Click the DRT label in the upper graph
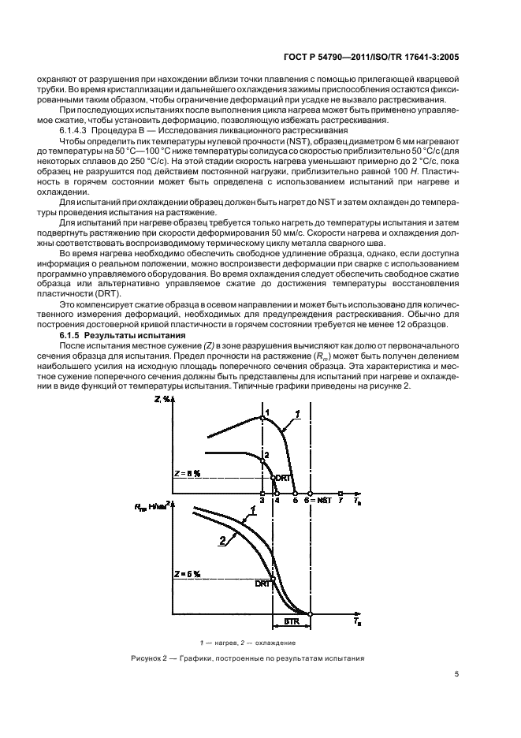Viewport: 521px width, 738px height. [283, 479]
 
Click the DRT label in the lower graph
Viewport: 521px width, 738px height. [262, 583]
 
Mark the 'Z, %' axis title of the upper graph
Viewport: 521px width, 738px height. [164, 401]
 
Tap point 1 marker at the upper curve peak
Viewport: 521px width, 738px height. [262, 417]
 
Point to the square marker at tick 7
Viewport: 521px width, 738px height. [340, 494]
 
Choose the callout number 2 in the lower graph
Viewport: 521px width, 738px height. [223, 540]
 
